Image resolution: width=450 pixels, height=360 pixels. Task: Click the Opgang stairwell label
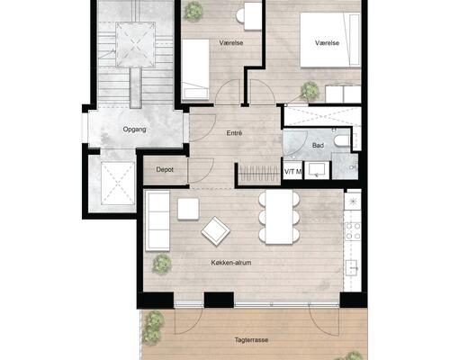(134, 130)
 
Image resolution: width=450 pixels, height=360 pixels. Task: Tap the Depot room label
(165, 169)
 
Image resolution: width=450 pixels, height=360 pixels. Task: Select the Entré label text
(234, 133)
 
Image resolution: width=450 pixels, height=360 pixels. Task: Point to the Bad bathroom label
(318, 146)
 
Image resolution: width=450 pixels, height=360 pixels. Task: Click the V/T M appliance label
(292, 172)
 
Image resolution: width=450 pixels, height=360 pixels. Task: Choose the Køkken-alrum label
(231, 263)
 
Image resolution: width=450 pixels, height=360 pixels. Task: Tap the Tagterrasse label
(251, 340)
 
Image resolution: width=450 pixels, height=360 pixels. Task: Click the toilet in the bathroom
(342, 141)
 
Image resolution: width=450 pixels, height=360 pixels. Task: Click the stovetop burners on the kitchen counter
(353, 231)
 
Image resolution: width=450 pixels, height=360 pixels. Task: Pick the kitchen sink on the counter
(352, 267)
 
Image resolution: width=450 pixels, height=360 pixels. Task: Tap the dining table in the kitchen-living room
(279, 217)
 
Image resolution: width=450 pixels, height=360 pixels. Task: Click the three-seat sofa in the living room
(157, 221)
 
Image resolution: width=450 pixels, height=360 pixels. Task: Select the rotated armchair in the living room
(216, 231)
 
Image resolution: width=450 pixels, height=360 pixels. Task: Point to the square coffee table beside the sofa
(188, 209)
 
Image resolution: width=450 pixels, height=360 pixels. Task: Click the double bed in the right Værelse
(330, 40)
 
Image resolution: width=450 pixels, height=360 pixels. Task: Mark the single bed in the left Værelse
(195, 69)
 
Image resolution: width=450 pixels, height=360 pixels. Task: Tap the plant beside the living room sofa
(162, 264)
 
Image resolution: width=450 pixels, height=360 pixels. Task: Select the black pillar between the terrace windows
(219, 300)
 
